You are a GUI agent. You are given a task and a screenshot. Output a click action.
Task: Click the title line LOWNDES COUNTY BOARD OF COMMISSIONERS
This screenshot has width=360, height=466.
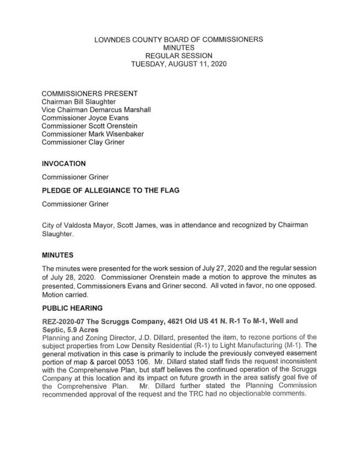[179, 39]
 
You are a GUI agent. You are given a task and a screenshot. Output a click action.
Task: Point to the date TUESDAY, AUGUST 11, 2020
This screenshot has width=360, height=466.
[179, 62]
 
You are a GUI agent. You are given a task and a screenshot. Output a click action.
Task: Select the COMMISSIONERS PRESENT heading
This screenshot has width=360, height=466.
[89, 94]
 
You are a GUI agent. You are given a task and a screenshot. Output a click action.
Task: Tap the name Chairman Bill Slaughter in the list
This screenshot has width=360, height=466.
[79, 103]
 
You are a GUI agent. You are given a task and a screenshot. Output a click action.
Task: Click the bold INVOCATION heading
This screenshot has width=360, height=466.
[64, 163]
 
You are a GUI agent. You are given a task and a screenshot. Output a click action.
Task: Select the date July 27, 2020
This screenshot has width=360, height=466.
[225, 267]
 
